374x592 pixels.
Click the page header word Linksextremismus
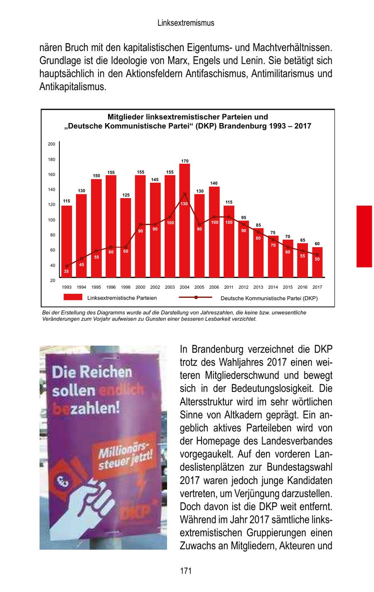coord(186,23)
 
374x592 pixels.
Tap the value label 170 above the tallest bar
coord(185,161)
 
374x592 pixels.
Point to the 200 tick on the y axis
coord(52,144)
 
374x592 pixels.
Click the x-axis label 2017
coord(317,287)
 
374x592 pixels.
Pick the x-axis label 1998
coord(125,287)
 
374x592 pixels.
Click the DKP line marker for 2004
coord(185,194)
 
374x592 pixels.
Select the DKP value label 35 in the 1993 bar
coord(66,271)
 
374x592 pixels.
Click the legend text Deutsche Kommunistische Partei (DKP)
coord(269,298)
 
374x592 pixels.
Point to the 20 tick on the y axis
coord(52,280)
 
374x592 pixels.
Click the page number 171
coord(186,571)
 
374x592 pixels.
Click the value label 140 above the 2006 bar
coord(214,183)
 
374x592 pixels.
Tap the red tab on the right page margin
coord(364,236)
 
